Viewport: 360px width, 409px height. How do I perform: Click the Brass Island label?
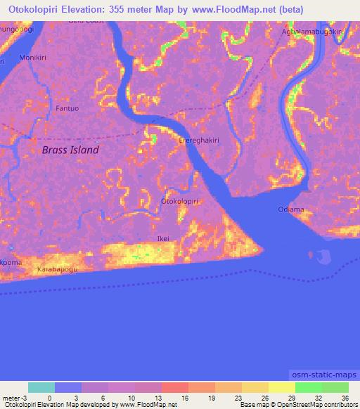pyautogui.click(x=70, y=150)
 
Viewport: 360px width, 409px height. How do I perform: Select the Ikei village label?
pyautogui.click(x=162, y=238)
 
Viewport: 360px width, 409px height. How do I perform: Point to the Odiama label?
pyautogui.click(x=290, y=209)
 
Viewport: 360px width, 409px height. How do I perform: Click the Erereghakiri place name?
pyautogui.click(x=200, y=140)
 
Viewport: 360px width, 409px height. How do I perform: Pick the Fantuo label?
pyautogui.click(x=67, y=108)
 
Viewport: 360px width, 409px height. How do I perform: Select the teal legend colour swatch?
pyautogui.click(x=41, y=387)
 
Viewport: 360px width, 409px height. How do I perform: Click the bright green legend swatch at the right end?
pyautogui.click(x=335, y=387)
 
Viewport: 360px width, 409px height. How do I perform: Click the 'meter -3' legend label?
pyautogui.click(x=14, y=396)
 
